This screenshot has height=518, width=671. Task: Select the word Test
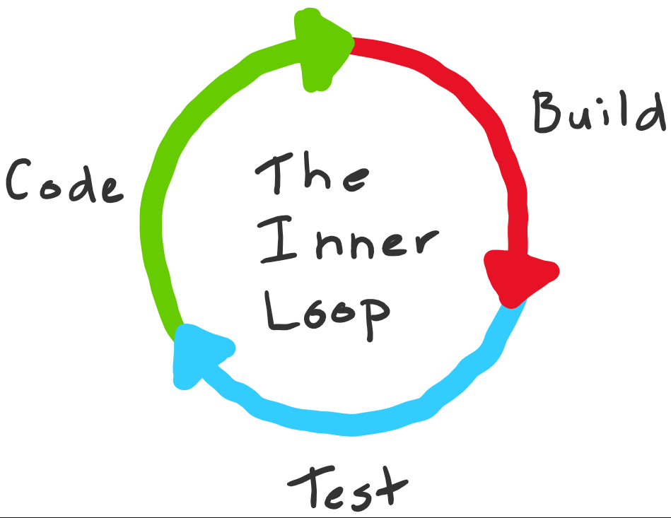[349, 488]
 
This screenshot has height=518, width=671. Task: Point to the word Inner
[346, 244]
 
